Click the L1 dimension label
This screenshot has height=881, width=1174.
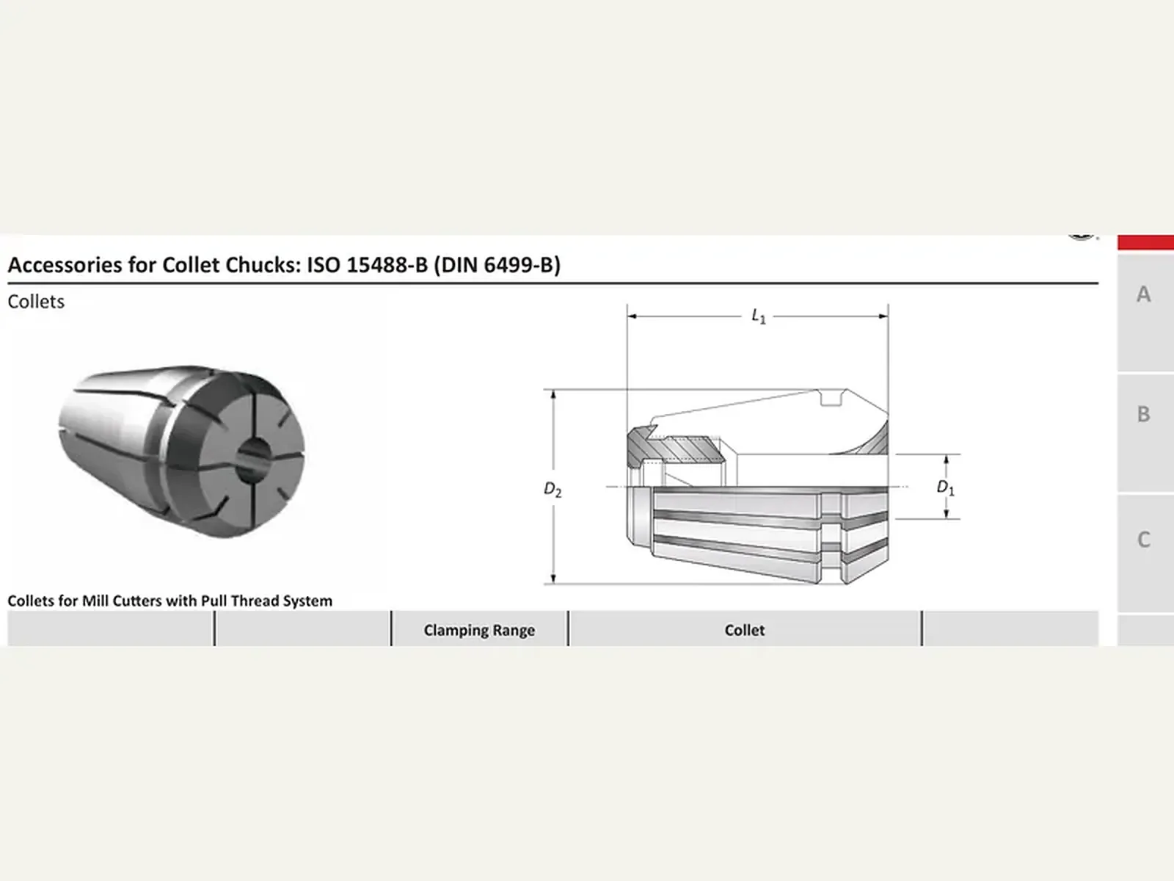point(759,316)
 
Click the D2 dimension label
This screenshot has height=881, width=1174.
point(553,490)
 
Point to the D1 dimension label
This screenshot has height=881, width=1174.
point(946,487)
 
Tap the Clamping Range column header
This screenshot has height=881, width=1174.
point(479,630)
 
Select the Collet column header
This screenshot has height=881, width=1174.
point(745,630)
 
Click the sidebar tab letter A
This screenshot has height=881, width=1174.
point(1143,294)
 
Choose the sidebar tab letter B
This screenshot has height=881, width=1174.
point(1143,414)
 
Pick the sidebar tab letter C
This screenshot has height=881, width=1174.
point(1143,539)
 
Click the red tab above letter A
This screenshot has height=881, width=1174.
point(1145,242)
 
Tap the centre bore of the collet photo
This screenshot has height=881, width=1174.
point(252,460)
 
